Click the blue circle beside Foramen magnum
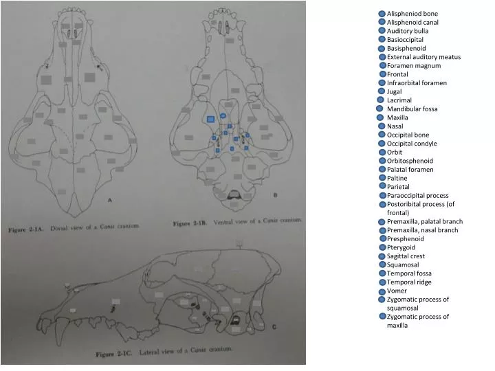click(x=382, y=65)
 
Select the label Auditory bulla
click(x=407, y=31)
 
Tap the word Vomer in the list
click(x=397, y=291)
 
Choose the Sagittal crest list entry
click(x=406, y=256)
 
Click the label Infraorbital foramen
click(x=417, y=82)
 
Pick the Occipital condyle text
click(x=412, y=144)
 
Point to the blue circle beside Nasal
click(x=382, y=126)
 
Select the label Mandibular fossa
click(x=412, y=109)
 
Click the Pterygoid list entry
click(x=401, y=247)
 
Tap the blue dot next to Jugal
click(x=382, y=91)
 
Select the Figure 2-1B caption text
click(x=237, y=223)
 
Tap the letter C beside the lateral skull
click(x=274, y=326)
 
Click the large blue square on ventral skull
click(x=211, y=120)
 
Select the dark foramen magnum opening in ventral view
click(x=236, y=196)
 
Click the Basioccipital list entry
click(x=405, y=40)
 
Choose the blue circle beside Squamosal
click(x=382, y=265)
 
